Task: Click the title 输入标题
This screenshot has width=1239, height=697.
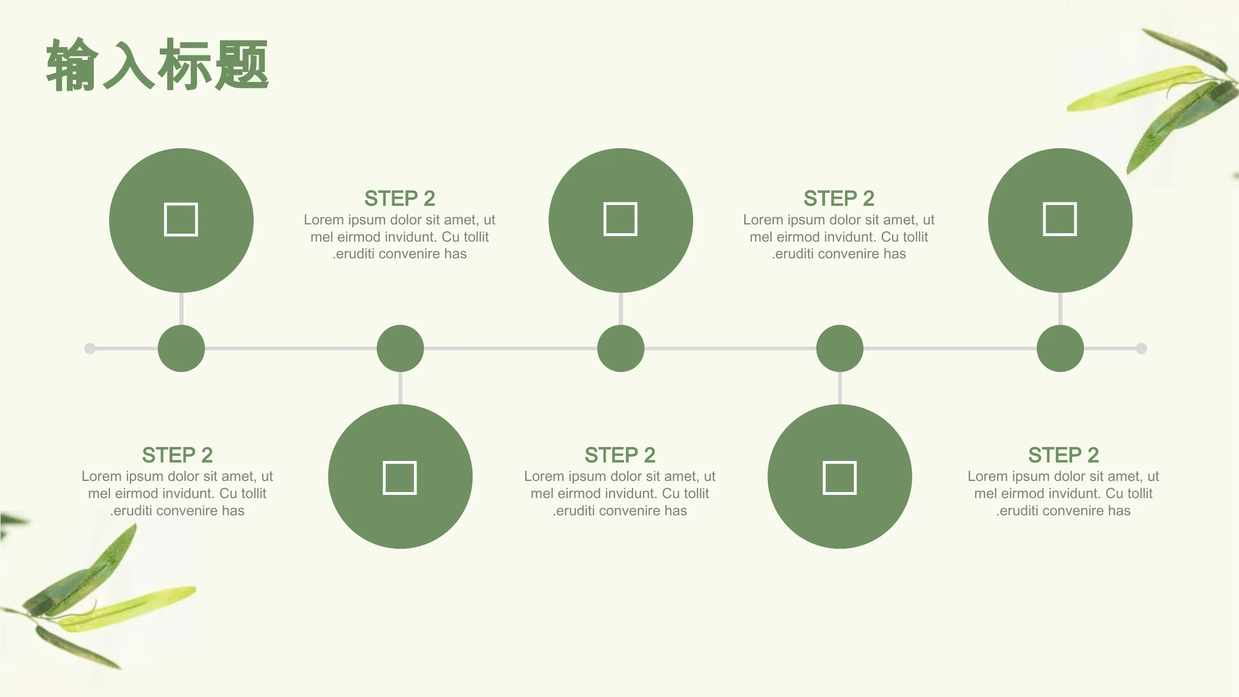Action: pos(157,65)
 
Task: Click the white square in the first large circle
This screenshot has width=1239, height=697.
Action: pos(181,219)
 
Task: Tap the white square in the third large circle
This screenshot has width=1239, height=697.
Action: pos(621,219)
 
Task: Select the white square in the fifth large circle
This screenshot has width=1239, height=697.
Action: pos(1060,219)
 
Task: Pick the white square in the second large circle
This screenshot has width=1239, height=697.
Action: pos(400,478)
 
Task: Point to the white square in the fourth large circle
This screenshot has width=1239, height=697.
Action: pos(840,478)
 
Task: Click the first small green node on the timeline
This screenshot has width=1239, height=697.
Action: pos(181,348)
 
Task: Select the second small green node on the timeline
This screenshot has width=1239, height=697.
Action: pos(400,348)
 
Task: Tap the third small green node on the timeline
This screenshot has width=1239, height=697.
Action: pos(621,348)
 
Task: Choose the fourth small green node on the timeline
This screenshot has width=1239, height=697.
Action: pos(840,348)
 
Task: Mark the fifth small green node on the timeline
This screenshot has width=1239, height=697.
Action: pos(1060,348)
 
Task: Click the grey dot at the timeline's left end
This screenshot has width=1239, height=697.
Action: pos(90,348)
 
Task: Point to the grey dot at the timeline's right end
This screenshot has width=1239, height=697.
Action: pos(1141,348)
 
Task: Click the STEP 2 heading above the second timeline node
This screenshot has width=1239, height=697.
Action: pos(400,198)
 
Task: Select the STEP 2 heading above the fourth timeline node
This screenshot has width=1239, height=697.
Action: pos(839,198)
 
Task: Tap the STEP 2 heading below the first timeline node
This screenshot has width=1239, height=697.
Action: pos(177,455)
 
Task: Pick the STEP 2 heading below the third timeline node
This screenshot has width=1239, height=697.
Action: pos(620,455)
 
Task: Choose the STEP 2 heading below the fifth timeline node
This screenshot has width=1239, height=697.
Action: pos(1063,455)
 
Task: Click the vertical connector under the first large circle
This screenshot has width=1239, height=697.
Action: pos(181,309)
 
